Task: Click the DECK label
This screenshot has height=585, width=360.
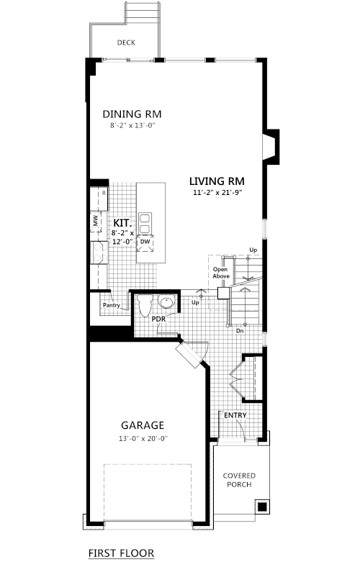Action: pyautogui.click(x=126, y=42)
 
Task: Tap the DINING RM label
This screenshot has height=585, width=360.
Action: pyautogui.click(x=132, y=114)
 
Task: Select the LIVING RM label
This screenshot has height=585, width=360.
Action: pyautogui.click(x=217, y=181)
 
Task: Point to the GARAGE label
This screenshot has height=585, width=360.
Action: pyautogui.click(x=143, y=425)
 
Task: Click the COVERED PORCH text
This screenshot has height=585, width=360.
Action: pyautogui.click(x=239, y=480)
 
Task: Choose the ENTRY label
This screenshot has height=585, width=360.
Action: pyautogui.click(x=235, y=415)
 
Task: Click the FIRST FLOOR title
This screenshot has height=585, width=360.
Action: pyautogui.click(x=122, y=553)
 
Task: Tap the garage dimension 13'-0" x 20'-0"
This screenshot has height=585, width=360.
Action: pyautogui.click(x=143, y=439)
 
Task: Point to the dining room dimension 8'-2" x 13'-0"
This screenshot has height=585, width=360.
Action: pyautogui.click(x=132, y=126)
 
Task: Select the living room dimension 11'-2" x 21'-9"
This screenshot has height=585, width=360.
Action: pyautogui.click(x=217, y=193)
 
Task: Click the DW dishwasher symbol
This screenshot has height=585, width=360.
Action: pyautogui.click(x=145, y=242)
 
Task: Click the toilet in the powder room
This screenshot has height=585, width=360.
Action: pyautogui.click(x=144, y=305)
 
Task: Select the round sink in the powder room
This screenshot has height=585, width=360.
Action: pyautogui.click(x=166, y=301)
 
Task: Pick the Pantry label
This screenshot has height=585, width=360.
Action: pyautogui.click(x=112, y=305)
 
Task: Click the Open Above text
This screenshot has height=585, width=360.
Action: pyautogui.click(x=221, y=273)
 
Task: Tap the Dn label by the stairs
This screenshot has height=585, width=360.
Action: pyautogui.click(x=240, y=331)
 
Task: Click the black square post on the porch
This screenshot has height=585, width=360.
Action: pyautogui.click(x=263, y=507)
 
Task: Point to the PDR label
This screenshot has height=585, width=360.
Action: pyautogui.click(x=158, y=319)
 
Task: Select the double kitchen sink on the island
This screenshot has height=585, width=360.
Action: pyautogui.click(x=145, y=223)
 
